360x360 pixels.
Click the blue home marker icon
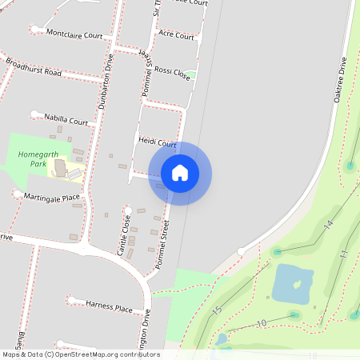click(x=180, y=173)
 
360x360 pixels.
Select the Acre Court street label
click(x=177, y=36)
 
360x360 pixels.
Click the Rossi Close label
click(x=172, y=72)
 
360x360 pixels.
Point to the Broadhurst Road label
click(x=33, y=66)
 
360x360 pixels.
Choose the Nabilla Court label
click(x=66, y=121)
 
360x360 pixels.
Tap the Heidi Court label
click(x=157, y=142)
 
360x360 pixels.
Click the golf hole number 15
click(x=216, y=310)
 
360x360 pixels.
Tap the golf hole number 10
click(x=261, y=322)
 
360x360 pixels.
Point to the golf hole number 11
click(x=342, y=254)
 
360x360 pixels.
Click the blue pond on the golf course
click(x=292, y=284)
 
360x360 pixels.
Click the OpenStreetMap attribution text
click(x=81, y=354)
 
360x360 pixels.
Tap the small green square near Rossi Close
click(x=192, y=75)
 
